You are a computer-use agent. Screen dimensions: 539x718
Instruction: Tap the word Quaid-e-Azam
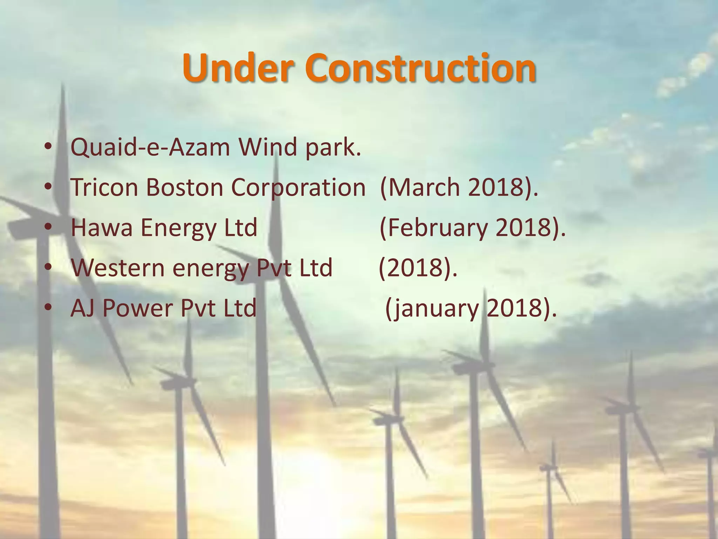pos(150,147)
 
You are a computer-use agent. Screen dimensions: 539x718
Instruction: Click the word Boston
pos(184,187)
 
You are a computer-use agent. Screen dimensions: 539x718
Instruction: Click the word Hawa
pos(102,228)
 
